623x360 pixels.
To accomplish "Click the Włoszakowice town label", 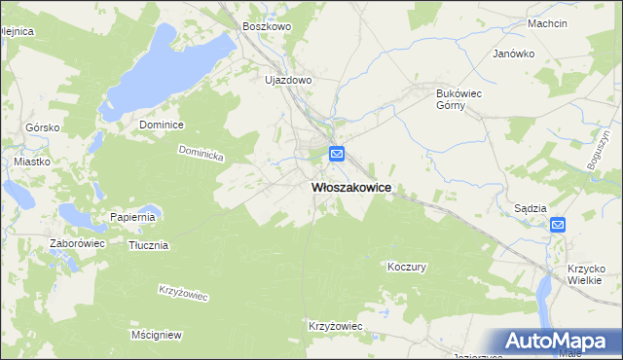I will [351, 188].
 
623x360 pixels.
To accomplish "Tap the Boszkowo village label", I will [267, 27].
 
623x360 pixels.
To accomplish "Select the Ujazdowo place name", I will [287, 80].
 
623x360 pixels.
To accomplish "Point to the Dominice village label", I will [162, 125].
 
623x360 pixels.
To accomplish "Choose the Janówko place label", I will [515, 54].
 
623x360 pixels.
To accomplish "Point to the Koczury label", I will [407, 266].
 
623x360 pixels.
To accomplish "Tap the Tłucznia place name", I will [149, 245].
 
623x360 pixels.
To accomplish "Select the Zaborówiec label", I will [77, 243].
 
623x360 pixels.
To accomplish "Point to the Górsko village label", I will [43, 127].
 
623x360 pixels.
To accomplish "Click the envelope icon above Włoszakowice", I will [337, 154].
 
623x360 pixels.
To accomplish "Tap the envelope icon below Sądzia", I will [558, 225].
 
